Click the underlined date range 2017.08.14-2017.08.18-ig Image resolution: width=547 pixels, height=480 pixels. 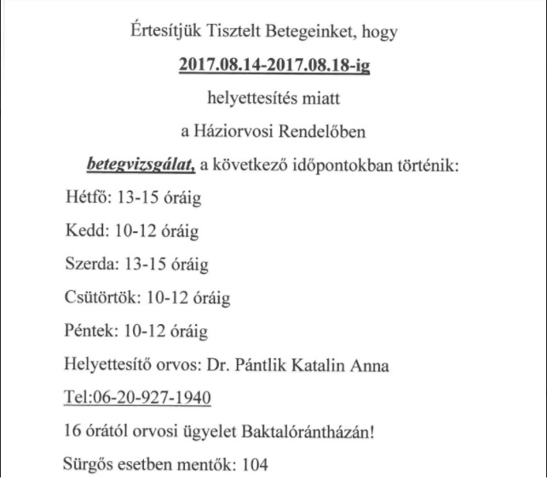pos(273,66)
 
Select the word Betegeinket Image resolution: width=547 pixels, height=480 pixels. pos(314,33)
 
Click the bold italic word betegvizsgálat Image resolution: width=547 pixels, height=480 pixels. pos(141,164)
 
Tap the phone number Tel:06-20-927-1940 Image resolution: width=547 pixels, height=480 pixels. pos(137,398)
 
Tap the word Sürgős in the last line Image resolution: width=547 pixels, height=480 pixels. pos(89,466)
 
